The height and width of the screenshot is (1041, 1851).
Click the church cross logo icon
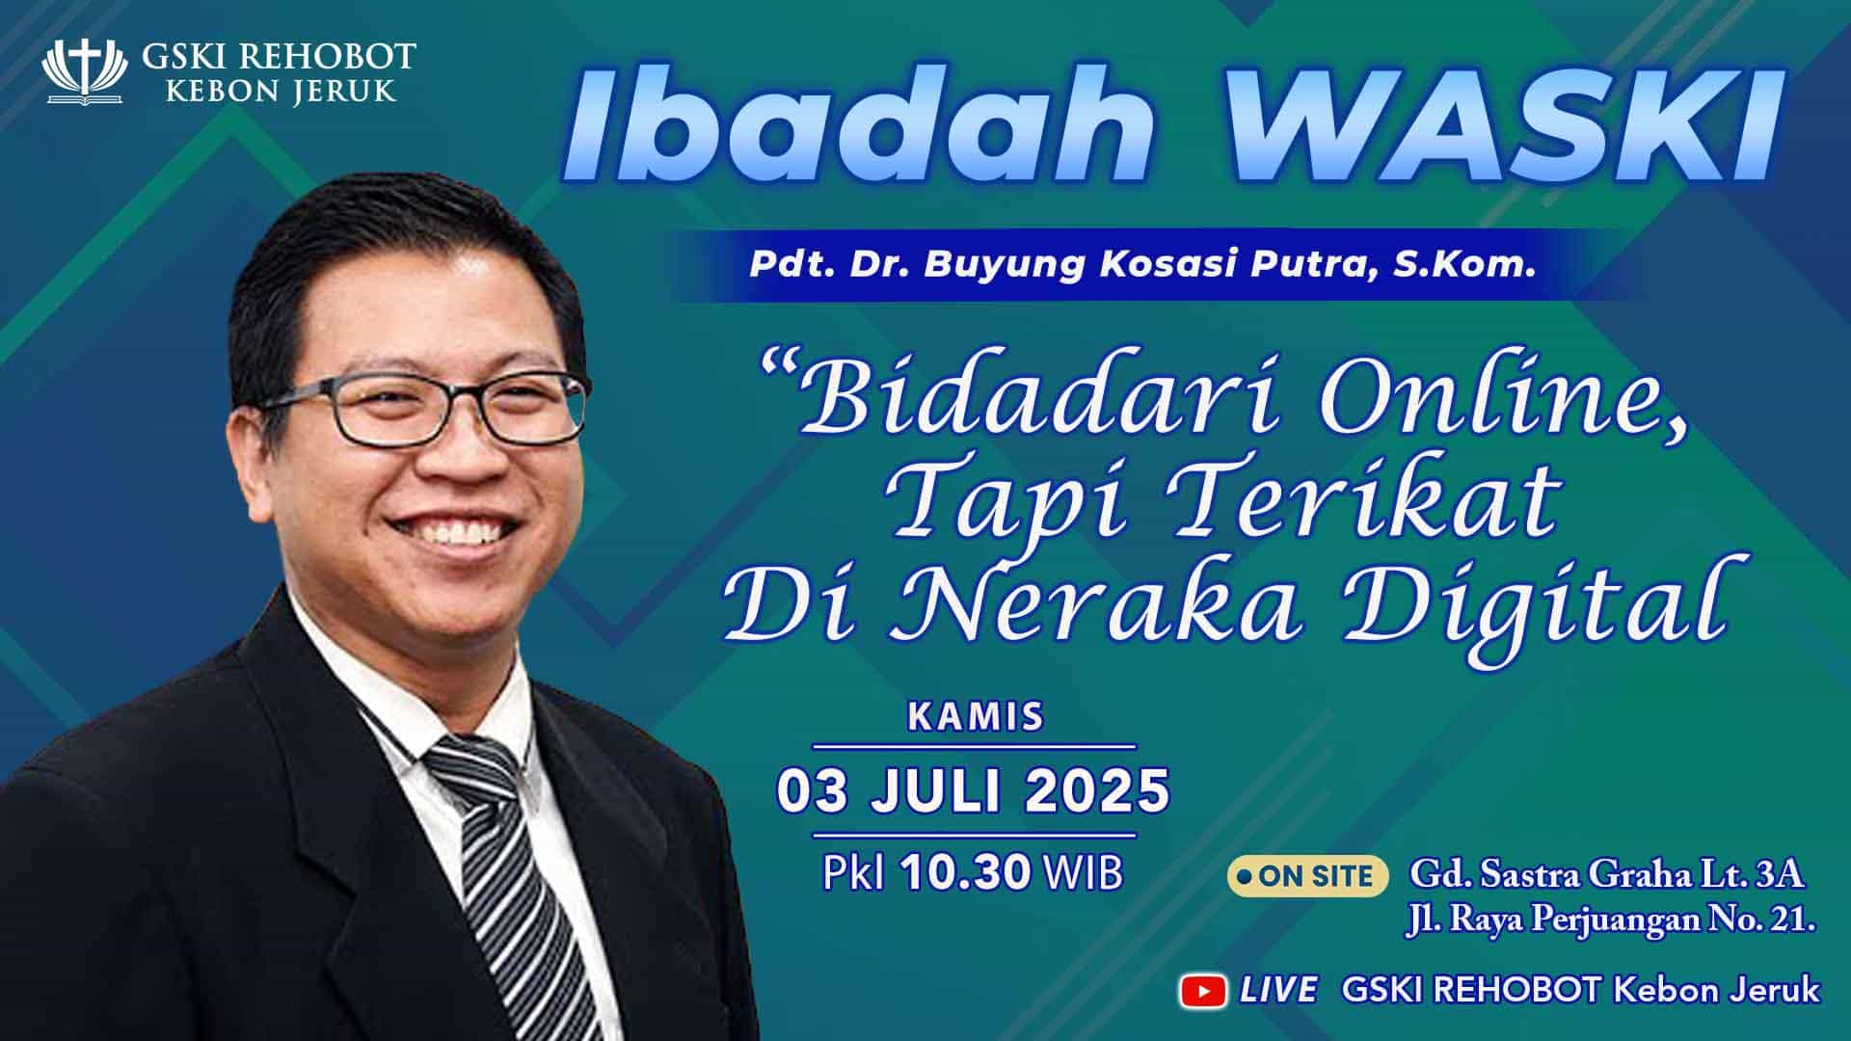coord(85,71)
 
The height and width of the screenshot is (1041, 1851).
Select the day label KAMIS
coord(976,717)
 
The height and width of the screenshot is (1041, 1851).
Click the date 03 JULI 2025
coord(974,791)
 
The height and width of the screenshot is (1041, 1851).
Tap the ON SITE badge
coord(1306,875)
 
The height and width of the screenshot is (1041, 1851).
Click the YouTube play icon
coord(1203,990)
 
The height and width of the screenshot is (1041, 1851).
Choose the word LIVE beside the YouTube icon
coord(1278,990)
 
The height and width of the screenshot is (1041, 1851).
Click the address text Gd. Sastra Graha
coord(1552,876)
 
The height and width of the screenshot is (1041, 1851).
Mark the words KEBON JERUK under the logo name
coord(280,91)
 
